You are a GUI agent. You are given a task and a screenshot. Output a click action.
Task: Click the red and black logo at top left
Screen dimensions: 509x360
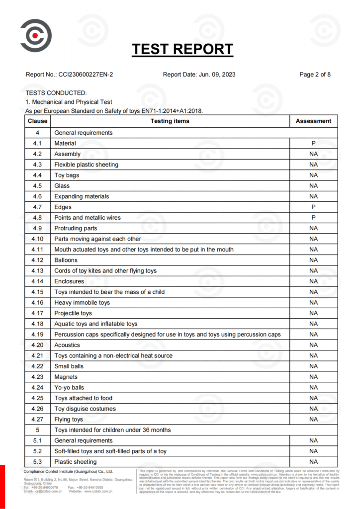click(x=36, y=35)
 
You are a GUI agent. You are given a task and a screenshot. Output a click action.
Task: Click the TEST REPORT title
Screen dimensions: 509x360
click(x=182, y=49)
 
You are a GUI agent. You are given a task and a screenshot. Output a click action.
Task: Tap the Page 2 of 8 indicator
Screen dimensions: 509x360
click(x=315, y=75)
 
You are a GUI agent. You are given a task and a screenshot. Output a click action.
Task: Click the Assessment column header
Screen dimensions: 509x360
click(x=313, y=121)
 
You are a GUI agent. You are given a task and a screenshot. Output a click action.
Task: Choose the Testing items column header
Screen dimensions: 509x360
click(x=170, y=121)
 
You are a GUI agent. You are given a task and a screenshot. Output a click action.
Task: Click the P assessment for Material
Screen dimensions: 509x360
click(x=313, y=143)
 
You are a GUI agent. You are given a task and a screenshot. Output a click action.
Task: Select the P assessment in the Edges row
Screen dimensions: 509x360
click(x=313, y=207)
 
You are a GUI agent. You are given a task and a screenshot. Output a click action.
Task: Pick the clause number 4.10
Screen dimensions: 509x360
click(x=38, y=239)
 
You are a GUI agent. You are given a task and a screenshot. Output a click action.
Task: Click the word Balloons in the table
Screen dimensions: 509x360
click(x=66, y=260)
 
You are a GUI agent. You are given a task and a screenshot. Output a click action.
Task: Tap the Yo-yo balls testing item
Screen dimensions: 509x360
click(x=69, y=388)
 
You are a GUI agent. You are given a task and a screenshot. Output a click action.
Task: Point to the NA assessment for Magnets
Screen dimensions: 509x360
click(x=313, y=377)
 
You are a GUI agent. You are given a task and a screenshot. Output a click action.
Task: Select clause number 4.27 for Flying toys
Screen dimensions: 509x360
click(x=38, y=420)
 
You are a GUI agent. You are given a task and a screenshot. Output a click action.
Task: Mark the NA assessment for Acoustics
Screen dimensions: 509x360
click(x=313, y=345)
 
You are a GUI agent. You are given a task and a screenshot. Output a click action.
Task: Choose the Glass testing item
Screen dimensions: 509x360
click(x=62, y=186)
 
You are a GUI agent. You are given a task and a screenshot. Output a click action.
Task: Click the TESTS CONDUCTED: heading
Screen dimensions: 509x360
click(x=56, y=93)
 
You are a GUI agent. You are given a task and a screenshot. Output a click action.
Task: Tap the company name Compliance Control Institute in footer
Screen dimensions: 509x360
click(x=68, y=472)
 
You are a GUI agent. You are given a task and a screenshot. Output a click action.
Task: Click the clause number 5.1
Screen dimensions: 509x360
click(x=38, y=441)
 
